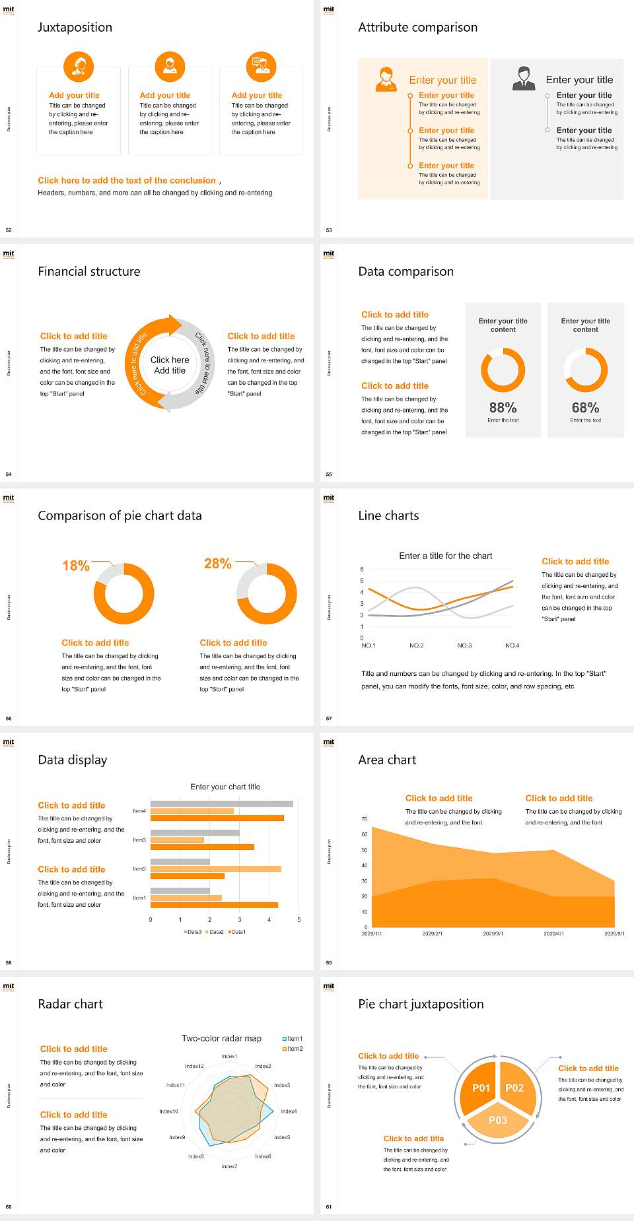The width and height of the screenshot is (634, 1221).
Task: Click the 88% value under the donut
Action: click(503, 408)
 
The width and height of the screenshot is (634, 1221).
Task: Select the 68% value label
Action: click(585, 408)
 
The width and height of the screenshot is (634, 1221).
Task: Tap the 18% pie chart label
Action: click(76, 566)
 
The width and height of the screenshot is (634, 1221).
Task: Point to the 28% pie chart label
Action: click(217, 564)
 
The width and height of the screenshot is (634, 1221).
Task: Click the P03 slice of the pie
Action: click(498, 1120)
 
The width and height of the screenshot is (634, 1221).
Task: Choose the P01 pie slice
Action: click(481, 1088)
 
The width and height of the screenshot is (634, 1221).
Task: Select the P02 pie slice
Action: click(514, 1088)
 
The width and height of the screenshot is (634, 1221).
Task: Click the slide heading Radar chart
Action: click(71, 1004)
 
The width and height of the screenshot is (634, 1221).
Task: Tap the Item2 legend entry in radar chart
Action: click(293, 1049)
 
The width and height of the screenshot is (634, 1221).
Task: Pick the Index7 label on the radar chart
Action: click(229, 1166)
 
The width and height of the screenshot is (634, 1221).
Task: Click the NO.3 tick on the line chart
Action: click(464, 645)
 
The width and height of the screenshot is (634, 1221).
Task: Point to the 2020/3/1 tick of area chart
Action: click(493, 934)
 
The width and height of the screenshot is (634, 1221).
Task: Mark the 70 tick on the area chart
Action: click(365, 819)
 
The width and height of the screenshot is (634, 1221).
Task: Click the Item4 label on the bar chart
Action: click(139, 810)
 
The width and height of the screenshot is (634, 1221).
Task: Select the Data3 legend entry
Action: click(193, 932)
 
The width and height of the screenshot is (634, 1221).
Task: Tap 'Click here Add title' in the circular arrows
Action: click(170, 365)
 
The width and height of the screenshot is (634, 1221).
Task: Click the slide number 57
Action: click(329, 718)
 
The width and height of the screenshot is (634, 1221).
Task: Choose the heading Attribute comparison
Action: click(417, 27)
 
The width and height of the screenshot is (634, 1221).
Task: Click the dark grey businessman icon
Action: click(524, 79)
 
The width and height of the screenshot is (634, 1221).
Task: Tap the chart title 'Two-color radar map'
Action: click(221, 1038)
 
